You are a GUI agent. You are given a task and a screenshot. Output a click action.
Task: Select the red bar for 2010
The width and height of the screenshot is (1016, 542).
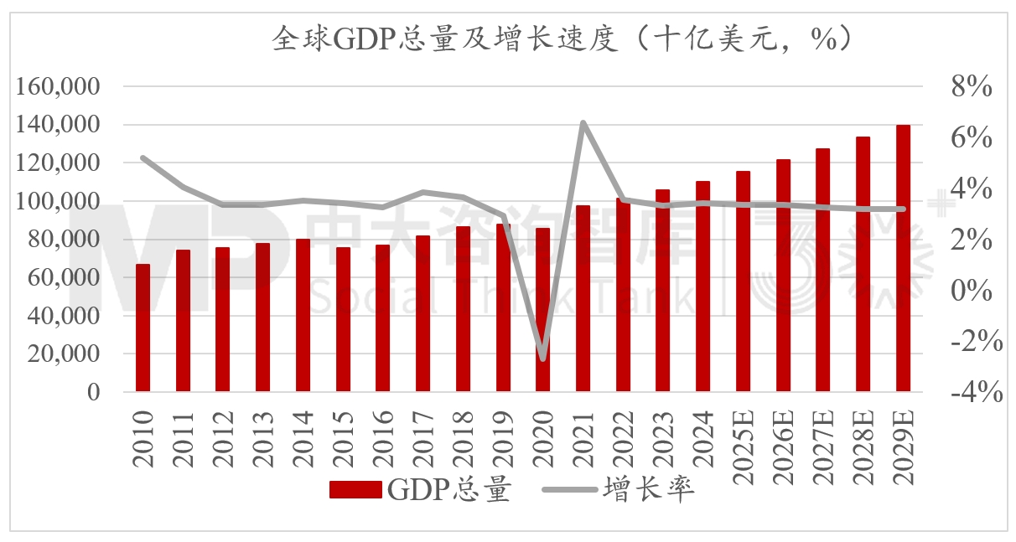tap(143, 328)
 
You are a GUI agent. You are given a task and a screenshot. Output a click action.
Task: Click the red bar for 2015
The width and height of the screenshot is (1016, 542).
tap(343, 320)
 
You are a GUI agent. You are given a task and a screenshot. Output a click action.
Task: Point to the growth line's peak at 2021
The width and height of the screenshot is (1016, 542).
tap(583, 123)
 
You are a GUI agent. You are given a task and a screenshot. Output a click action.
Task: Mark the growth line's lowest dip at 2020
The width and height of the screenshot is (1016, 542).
tap(543, 359)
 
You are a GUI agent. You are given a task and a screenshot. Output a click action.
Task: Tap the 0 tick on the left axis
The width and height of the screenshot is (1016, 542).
tap(93, 393)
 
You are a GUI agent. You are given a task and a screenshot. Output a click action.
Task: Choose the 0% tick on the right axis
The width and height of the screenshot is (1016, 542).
tap(971, 291)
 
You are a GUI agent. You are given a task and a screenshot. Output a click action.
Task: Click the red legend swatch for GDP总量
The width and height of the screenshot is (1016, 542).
tap(356, 490)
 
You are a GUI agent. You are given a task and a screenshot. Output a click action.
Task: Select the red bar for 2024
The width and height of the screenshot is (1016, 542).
tap(702, 286)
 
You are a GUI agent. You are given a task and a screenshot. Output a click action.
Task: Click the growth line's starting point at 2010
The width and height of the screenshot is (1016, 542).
tap(143, 157)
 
